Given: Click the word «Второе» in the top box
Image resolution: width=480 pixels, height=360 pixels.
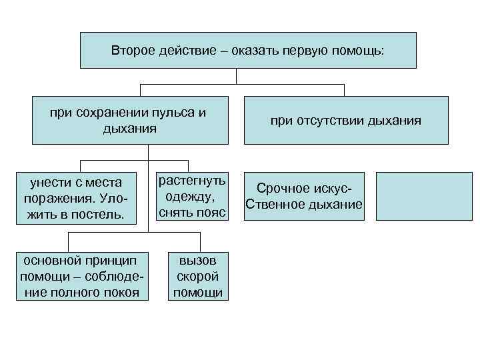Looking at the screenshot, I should click(x=132, y=51).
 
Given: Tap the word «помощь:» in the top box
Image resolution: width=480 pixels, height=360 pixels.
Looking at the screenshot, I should click(x=361, y=51).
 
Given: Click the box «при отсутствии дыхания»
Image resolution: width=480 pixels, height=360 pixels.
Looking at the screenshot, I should click(x=345, y=120).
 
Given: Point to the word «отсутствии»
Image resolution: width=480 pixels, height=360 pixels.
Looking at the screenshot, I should click(x=329, y=121).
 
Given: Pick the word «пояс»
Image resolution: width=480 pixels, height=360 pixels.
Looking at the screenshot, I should click(x=213, y=212).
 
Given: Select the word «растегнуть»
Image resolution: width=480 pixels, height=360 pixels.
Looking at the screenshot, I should click(x=191, y=181).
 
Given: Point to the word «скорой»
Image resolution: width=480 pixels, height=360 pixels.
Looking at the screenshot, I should click(x=197, y=276).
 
